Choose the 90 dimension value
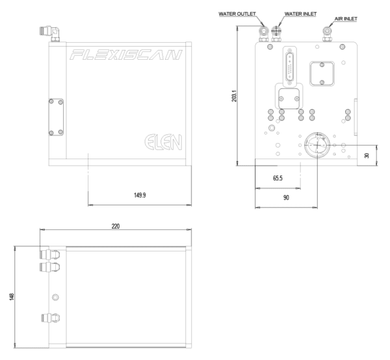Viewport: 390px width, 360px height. coord(286,197)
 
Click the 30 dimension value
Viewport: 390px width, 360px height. coord(368,156)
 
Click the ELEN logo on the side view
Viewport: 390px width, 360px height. coord(164,141)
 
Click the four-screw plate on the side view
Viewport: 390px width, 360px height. coord(55,117)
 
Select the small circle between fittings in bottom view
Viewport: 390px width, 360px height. coord(54,296)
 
